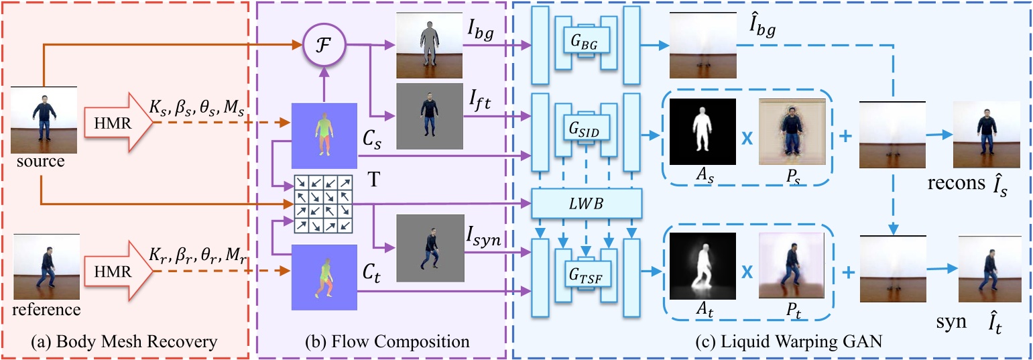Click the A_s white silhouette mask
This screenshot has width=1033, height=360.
click(x=703, y=132)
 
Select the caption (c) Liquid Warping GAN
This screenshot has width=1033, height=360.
click(x=772, y=343)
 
